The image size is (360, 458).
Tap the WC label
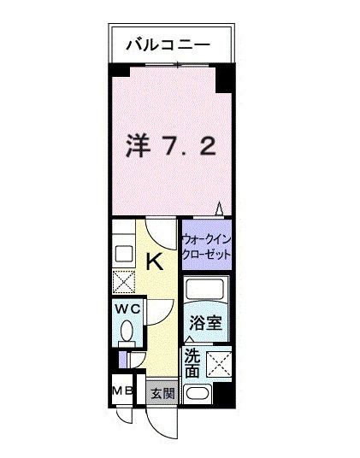[128, 308]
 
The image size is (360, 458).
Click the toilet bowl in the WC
[127, 331]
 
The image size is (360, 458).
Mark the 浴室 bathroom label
[205, 323]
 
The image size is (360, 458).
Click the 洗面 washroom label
[192, 365]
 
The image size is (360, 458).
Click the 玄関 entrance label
[162, 394]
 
